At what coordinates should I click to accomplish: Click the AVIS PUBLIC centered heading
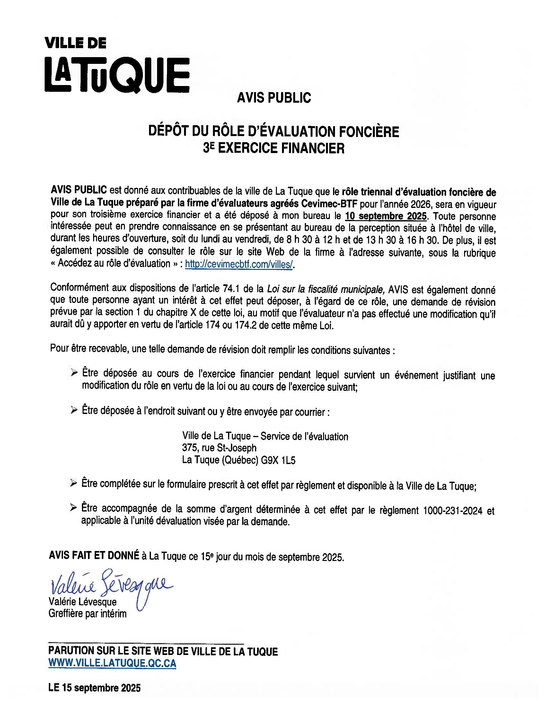pos(274,98)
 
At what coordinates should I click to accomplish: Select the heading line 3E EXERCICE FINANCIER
pos(274,148)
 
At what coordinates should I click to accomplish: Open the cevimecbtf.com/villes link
pos(239,264)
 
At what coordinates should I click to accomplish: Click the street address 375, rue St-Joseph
pos(219,448)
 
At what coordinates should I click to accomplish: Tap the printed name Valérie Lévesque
pos(83,602)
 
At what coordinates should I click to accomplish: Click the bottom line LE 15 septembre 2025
pos(94,688)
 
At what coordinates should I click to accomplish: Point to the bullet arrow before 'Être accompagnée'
pos(74,508)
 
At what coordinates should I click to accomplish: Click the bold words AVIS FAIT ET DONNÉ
pos(94,555)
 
